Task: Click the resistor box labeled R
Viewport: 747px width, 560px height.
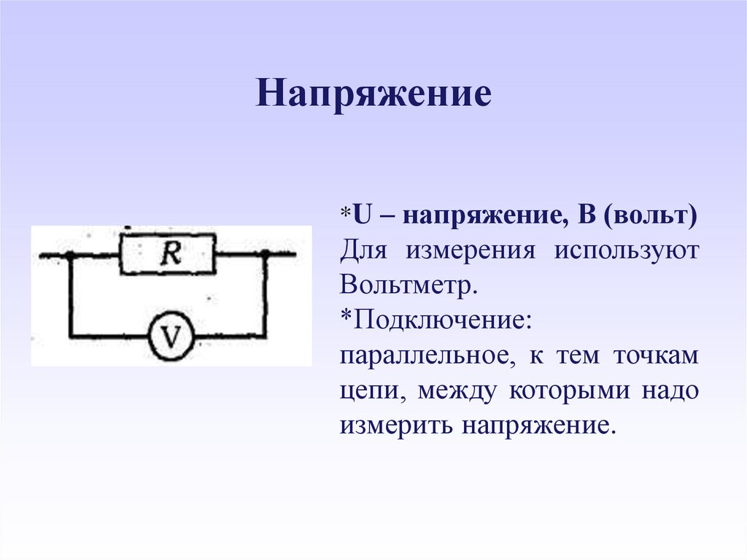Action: point(168,254)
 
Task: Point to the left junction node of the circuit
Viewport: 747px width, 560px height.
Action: point(70,255)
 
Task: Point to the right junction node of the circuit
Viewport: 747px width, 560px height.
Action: point(266,254)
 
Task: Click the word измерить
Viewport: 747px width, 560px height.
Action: point(393,425)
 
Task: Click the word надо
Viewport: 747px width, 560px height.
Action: point(670,391)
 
